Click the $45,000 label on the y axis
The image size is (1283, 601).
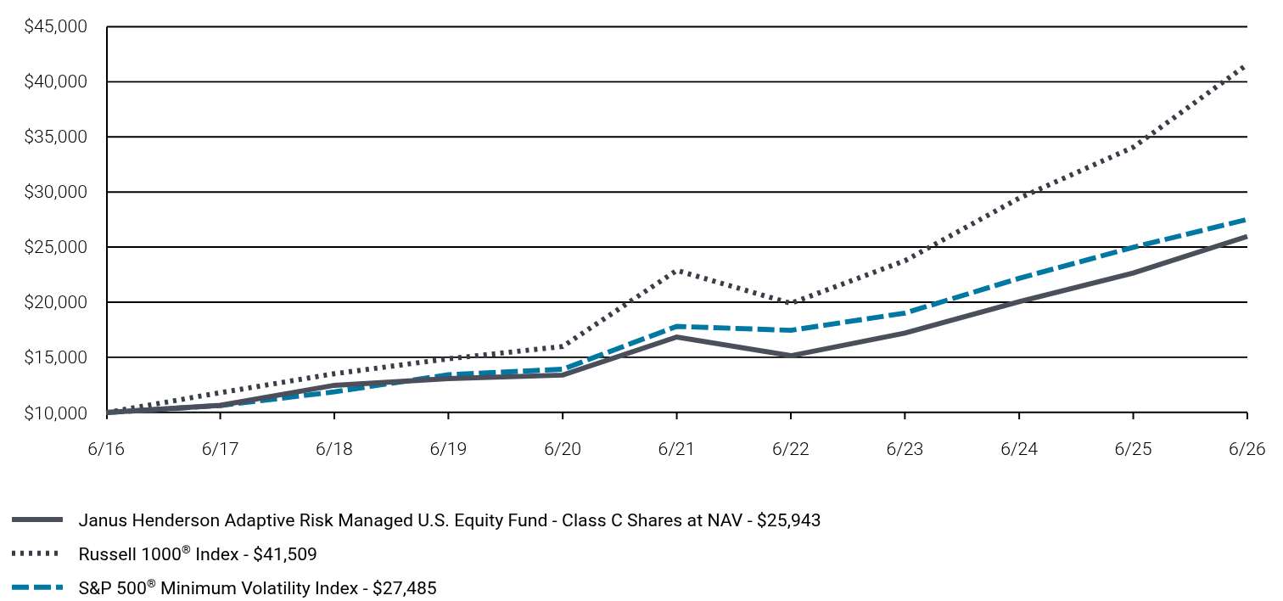pyautogui.click(x=55, y=26)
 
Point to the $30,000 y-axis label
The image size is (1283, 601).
pyautogui.click(x=55, y=192)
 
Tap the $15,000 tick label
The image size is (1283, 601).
pyautogui.click(x=55, y=357)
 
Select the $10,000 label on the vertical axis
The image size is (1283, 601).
pyautogui.click(x=55, y=413)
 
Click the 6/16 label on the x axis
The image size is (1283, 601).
pyautogui.click(x=106, y=448)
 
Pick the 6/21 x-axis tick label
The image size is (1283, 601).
pyautogui.click(x=676, y=448)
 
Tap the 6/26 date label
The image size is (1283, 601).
pyautogui.click(x=1247, y=448)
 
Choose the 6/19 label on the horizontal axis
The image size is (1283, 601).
pyautogui.click(x=449, y=448)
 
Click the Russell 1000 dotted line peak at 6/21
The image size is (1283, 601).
pyautogui.click(x=677, y=270)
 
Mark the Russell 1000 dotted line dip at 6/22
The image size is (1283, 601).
pyautogui.click(x=791, y=302)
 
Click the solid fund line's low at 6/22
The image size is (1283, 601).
pyautogui.click(x=791, y=356)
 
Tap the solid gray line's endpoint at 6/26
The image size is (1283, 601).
pyautogui.click(x=1246, y=237)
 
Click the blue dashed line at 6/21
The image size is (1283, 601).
pyautogui.click(x=677, y=327)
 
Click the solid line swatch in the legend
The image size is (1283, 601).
pyautogui.click(x=37, y=520)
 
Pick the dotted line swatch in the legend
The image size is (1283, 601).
pyautogui.click(x=36, y=553)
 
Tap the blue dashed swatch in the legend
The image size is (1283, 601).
pyautogui.click(x=37, y=587)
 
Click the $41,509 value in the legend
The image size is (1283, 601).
pyautogui.click(x=284, y=554)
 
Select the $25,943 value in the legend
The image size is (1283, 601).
pyautogui.click(x=788, y=520)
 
